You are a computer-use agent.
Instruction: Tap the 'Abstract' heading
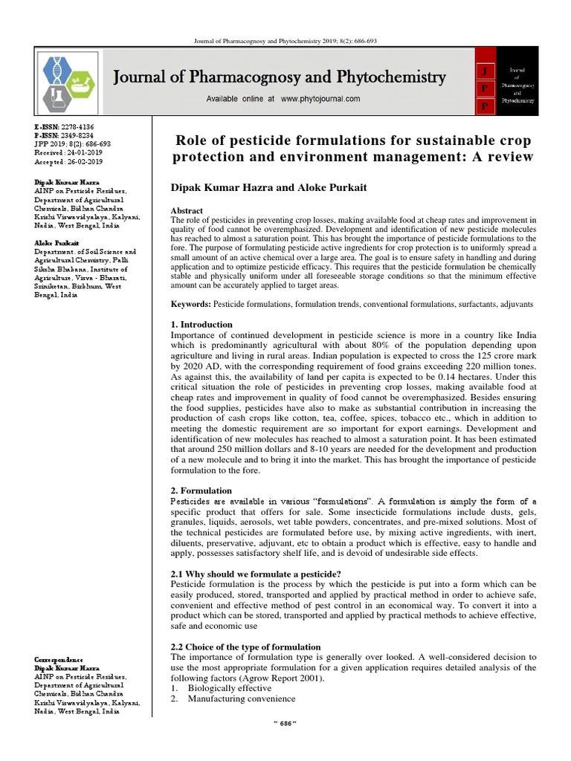coord(187,211)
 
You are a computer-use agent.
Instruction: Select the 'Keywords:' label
coord(191,305)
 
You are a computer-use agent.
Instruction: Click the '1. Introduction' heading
coord(201,325)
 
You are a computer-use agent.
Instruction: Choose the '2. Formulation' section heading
coord(201,490)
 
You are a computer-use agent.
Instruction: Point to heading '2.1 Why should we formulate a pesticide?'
coord(256,574)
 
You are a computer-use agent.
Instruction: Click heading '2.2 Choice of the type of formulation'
coord(245,647)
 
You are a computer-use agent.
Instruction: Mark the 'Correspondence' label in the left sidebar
coord(59,661)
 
